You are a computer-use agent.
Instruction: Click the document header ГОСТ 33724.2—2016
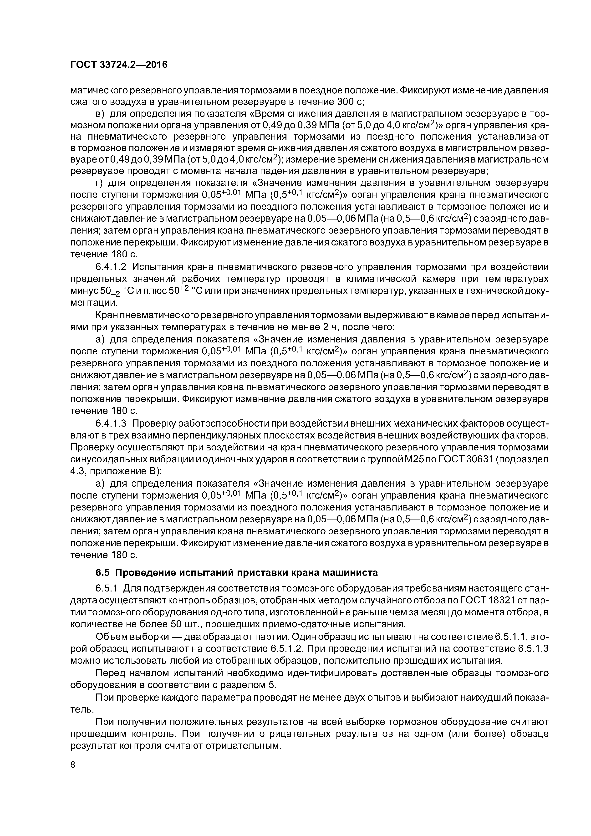118,65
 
